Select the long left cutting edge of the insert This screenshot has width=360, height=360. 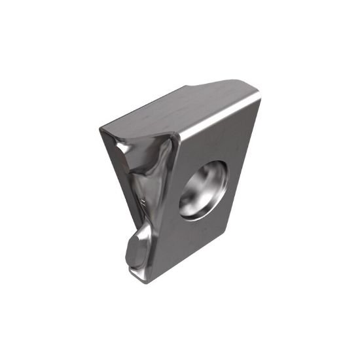point(118,196)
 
